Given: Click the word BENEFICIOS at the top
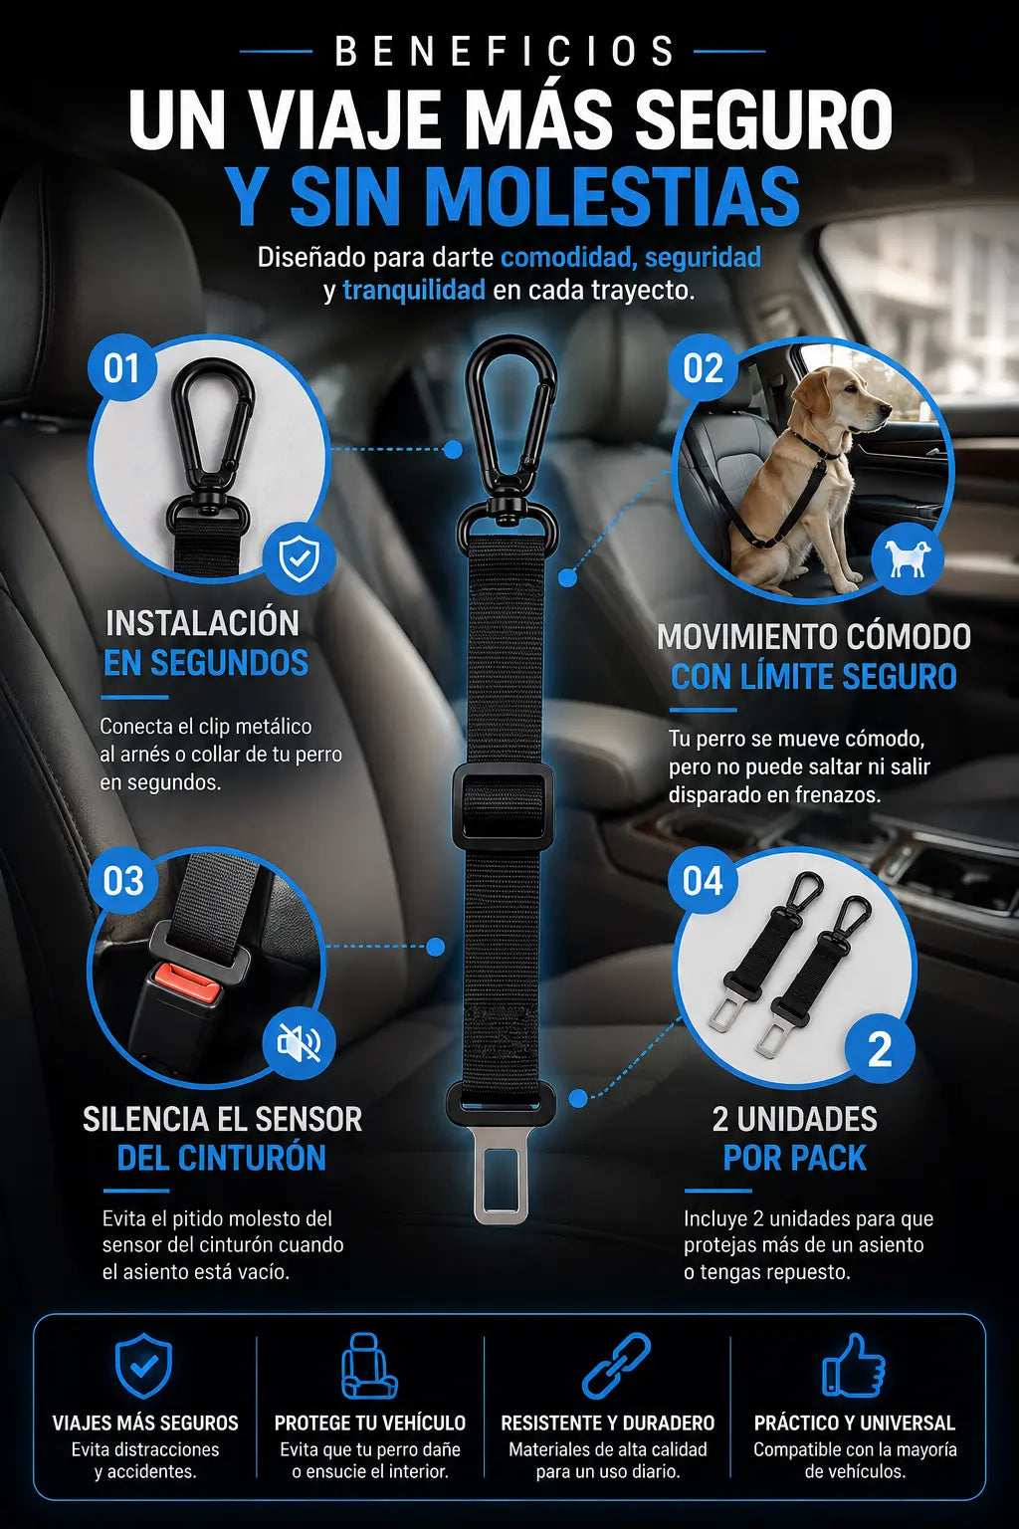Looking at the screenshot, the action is (505, 51).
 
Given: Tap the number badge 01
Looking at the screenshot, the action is (122, 368).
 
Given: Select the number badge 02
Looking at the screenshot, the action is (703, 368).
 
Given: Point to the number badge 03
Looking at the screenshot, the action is (122, 881).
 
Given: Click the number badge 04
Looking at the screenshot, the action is (703, 881).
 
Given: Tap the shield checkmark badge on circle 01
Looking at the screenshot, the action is (299, 558).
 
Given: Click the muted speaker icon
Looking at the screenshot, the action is (299, 1043).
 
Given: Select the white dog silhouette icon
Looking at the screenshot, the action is (908, 559).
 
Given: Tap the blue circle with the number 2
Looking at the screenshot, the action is (880, 1049).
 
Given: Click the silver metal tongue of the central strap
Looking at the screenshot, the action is (502, 1186).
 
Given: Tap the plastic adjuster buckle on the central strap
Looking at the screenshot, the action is (503, 807).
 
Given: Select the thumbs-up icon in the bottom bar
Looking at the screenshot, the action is (853, 1366).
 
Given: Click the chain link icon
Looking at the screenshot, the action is (616, 1366).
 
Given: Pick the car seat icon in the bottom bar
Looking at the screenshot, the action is (368, 1366).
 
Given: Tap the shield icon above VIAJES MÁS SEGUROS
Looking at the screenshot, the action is (143, 1366).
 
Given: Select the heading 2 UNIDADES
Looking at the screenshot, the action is (794, 1119).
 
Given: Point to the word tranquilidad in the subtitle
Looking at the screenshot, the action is (414, 290).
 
